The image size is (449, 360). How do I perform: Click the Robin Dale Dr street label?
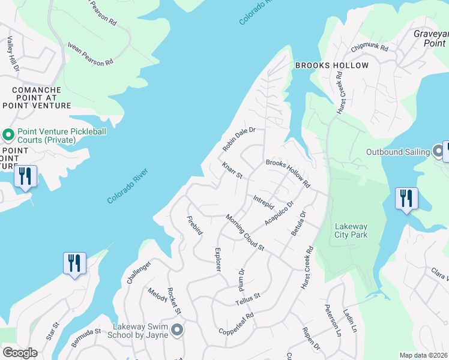click(239, 139)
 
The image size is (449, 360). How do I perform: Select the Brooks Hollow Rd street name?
click(288, 173)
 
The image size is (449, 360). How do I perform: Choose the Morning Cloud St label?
click(245, 232)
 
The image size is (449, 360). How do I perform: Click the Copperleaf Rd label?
click(237, 323)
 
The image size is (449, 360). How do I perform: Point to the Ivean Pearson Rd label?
click(91, 54)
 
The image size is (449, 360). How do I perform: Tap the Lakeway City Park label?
click(351, 231)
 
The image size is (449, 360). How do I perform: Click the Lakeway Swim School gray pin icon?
click(176, 330)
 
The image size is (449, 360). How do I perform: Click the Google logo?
click(20, 353)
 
